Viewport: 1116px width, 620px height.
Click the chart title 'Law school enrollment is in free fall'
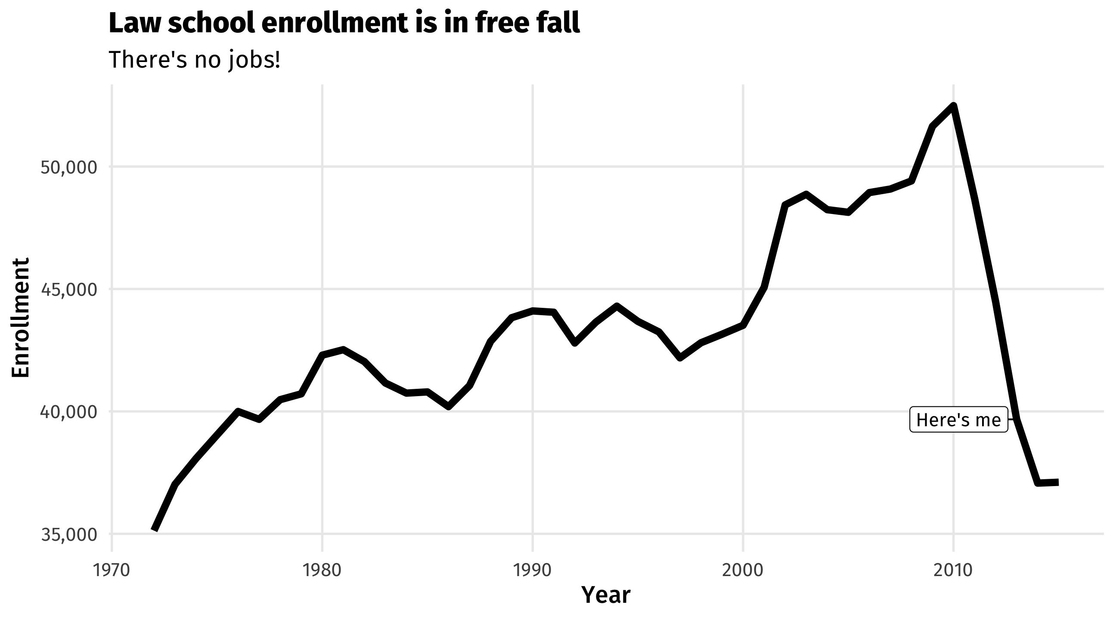tap(344, 23)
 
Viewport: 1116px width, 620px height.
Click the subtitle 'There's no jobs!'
tap(195, 60)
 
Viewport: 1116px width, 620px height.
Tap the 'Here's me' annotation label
tap(958, 420)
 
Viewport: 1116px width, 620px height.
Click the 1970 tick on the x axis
tap(112, 570)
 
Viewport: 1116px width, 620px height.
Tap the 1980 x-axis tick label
tap(322, 570)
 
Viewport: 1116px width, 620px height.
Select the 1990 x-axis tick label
tap(533, 570)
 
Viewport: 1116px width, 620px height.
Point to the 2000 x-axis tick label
tap(743, 570)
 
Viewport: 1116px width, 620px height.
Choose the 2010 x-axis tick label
tap(953, 570)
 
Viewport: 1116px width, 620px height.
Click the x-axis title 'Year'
tap(606, 595)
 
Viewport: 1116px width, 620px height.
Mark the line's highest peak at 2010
tap(953, 106)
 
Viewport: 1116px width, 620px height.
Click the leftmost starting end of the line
tap(154, 530)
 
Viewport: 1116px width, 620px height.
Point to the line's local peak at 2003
tap(806, 194)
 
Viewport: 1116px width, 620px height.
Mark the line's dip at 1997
tap(680, 358)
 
